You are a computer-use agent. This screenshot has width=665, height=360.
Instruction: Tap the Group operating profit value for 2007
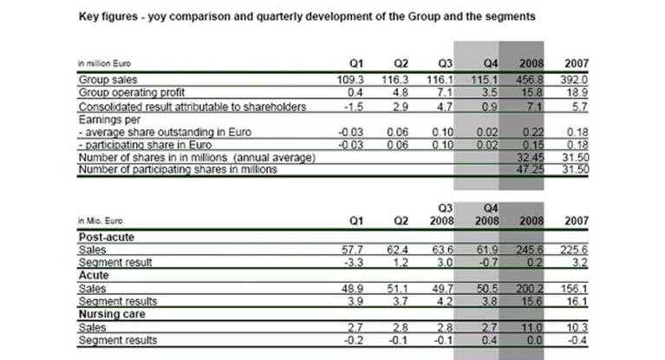tap(577, 91)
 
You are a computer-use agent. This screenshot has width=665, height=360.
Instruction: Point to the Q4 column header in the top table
tap(490, 63)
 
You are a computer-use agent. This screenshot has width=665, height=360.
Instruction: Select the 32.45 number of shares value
tap(528, 157)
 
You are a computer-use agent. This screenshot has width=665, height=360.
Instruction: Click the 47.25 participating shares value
tap(528, 170)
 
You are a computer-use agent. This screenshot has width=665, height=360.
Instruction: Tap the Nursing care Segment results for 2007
tap(577, 340)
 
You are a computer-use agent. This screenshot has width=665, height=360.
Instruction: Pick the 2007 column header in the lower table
tap(576, 220)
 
